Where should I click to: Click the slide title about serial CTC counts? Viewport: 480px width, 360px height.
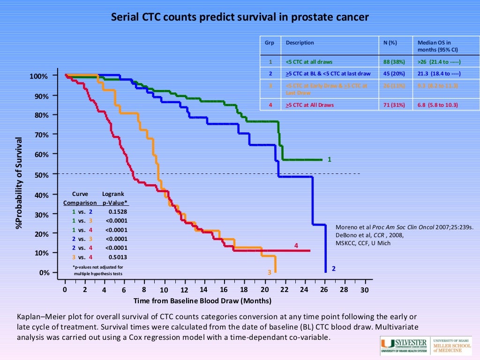[240, 17]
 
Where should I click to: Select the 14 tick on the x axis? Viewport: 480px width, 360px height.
[203, 290]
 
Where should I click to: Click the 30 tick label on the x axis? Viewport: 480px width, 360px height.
[364, 290]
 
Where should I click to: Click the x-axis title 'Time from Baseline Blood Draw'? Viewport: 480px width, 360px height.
[202, 300]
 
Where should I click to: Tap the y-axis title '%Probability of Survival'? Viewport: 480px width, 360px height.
[19, 183]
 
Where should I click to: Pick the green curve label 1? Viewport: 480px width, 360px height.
[330, 159]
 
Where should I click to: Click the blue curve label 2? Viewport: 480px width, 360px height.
[333, 269]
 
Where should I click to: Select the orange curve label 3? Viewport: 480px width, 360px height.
[270, 272]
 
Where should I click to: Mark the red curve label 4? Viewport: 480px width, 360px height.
[296, 245]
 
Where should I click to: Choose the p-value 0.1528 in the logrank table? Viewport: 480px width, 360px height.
[118, 212]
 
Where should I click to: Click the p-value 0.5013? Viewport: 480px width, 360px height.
[118, 257]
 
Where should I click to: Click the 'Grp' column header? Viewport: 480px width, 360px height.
[270, 43]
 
